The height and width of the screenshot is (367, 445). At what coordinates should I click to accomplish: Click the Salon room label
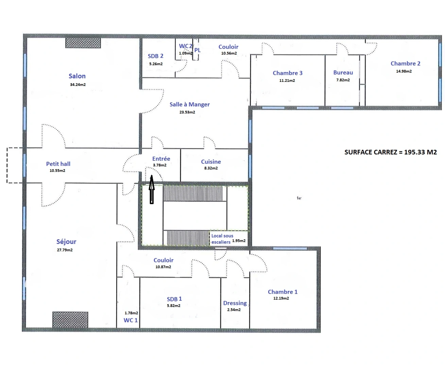(77, 76)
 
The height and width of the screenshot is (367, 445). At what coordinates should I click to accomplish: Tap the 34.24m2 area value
(78, 85)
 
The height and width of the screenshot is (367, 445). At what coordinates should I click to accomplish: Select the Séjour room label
(66, 242)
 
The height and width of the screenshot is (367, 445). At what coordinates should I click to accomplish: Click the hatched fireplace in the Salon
(83, 43)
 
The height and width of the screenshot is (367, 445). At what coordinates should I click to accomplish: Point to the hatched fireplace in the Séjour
(70, 319)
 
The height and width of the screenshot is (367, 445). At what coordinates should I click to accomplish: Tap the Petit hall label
(58, 164)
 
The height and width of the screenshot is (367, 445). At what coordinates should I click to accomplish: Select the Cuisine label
(211, 162)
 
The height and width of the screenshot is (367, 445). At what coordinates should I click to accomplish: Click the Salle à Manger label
(190, 105)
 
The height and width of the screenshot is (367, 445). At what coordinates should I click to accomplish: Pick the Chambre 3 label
(288, 73)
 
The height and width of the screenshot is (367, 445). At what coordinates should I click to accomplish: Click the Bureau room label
(343, 72)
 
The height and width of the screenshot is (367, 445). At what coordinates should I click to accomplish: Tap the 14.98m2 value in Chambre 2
(404, 71)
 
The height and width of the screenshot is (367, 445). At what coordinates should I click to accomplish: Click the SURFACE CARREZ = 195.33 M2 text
(391, 152)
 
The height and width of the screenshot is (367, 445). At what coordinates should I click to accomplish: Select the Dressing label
(235, 303)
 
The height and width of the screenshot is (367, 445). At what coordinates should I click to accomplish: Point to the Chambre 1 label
(283, 292)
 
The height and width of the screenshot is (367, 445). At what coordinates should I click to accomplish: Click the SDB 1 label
(174, 299)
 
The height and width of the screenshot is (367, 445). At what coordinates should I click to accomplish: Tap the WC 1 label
(131, 320)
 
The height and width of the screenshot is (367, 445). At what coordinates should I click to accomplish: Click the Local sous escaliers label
(222, 239)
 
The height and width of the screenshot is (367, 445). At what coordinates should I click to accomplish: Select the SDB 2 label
(156, 56)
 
